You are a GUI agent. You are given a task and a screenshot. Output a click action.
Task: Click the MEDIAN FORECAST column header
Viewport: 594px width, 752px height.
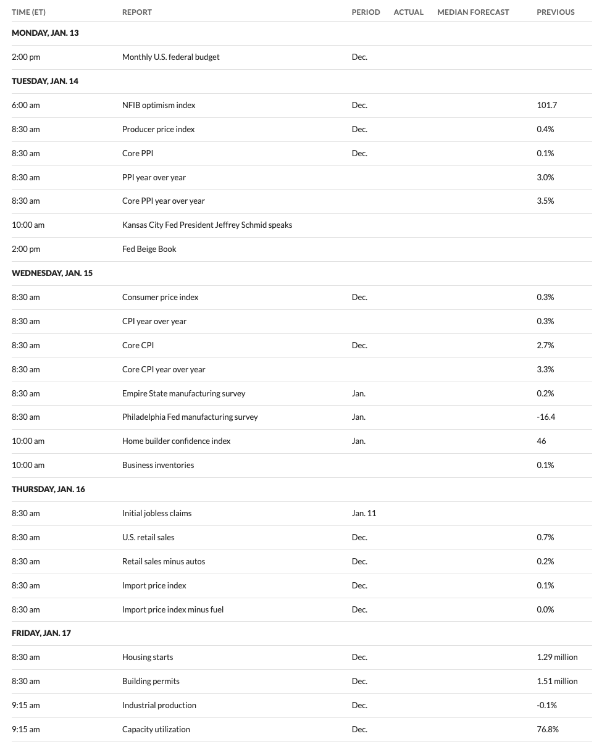[x=473, y=12]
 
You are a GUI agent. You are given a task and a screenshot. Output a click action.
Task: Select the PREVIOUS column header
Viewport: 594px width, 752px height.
[x=555, y=12]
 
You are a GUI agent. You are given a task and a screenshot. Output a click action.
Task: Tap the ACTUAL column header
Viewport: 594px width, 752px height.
[x=408, y=12]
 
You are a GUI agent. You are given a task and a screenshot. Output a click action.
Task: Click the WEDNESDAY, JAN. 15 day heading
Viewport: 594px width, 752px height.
[x=52, y=273]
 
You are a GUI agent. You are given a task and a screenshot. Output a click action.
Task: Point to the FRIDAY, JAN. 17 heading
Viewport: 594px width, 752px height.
[x=41, y=633]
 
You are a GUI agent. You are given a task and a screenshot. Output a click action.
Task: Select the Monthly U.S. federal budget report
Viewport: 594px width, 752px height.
[x=170, y=57]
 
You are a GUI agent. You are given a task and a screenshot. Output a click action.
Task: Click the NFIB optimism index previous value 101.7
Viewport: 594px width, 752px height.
[x=546, y=105]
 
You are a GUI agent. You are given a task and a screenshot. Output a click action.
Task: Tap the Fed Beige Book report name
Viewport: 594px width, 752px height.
[x=149, y=249]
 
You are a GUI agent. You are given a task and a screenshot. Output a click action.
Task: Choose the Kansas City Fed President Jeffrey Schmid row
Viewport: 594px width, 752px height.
[x=207, y=225]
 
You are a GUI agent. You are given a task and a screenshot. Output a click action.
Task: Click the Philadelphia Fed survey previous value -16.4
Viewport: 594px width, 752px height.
[x=546, y=417]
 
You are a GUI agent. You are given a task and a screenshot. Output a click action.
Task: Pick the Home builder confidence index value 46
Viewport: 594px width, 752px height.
[x=542, y=441]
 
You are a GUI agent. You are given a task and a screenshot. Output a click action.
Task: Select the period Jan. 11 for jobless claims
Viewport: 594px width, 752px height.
[x=364, y=513]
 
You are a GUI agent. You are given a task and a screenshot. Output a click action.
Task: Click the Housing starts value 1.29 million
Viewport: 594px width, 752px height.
[x=557, y=657]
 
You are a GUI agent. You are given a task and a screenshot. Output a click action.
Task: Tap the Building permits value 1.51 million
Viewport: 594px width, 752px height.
[x=557, y=681]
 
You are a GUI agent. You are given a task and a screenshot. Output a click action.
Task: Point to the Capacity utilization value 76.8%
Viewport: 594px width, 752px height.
[x=548, y=729]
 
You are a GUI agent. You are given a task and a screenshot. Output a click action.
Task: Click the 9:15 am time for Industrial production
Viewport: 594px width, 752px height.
[x=25, y=705]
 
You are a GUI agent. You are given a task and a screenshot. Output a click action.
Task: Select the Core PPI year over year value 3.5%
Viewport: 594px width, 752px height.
[x=545, y=201]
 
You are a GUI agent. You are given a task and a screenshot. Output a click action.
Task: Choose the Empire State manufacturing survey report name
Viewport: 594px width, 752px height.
[x=183, y=393]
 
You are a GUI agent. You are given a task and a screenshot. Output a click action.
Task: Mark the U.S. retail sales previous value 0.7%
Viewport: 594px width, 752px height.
[x=545, y=537]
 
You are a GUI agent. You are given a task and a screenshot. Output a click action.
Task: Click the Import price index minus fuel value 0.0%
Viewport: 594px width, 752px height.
[x=545, y=609]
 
